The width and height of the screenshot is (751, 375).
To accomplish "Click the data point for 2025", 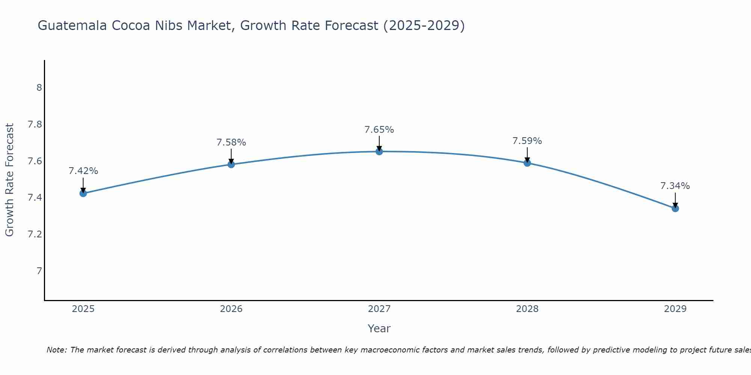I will point(83,193).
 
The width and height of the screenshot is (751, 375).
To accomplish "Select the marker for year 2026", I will point(231,164).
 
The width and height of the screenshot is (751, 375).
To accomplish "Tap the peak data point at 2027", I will point(379,151).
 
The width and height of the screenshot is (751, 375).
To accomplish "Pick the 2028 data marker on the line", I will point(527,163).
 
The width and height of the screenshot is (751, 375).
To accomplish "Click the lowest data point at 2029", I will point(675,208).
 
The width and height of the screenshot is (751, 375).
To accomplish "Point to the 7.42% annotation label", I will point(83,171).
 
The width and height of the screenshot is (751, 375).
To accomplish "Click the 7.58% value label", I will point(231,142).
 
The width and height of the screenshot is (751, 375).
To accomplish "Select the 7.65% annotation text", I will point(379,130).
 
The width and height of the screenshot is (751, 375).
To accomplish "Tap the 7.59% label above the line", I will point(527,141).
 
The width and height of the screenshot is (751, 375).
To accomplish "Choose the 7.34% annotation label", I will point(675,186).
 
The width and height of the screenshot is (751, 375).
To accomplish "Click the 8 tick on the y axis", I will point(39,88).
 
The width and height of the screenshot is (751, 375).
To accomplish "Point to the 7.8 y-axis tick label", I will point(35,124).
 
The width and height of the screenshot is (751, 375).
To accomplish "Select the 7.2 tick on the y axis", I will point(35,234).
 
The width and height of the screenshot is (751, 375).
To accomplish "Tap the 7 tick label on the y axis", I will point(39,271).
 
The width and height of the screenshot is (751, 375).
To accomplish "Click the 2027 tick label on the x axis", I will point(379,309).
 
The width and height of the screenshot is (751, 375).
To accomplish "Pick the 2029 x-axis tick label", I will point(675,309).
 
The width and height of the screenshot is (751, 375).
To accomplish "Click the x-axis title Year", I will point(379,328).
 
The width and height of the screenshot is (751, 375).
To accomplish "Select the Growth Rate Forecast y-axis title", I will point(10,180).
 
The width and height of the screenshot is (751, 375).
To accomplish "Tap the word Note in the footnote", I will point(56,350).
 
